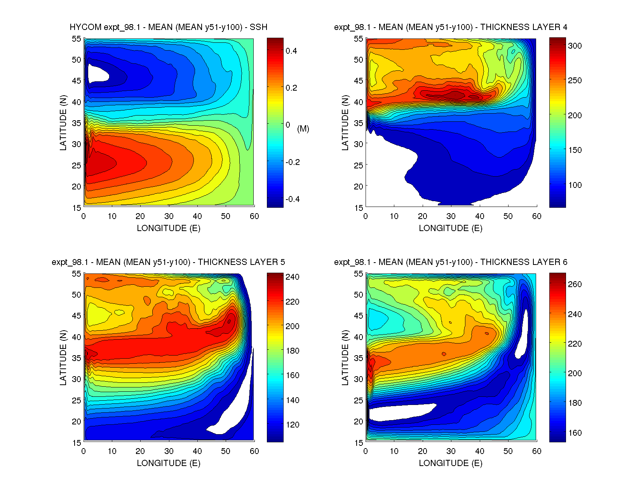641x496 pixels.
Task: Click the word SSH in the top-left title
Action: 258,27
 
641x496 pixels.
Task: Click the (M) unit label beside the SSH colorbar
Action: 303,129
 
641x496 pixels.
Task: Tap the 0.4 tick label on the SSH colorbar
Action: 291,51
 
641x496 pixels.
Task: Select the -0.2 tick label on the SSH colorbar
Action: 293,162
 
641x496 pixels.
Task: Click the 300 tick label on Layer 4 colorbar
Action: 575,46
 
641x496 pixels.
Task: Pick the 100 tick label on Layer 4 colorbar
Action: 575,185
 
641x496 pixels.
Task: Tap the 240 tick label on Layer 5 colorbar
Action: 293,277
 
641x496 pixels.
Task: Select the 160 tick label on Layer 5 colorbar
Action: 293,375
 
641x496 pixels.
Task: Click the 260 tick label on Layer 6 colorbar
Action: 575,284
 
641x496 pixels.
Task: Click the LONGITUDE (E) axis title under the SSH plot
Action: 169,228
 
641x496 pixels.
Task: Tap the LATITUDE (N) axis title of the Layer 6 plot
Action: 345,358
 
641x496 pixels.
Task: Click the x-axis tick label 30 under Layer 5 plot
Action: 169,451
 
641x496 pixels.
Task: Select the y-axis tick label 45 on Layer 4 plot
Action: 358,81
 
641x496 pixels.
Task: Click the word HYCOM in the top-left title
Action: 85,27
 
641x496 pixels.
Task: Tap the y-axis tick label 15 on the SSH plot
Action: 76,208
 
